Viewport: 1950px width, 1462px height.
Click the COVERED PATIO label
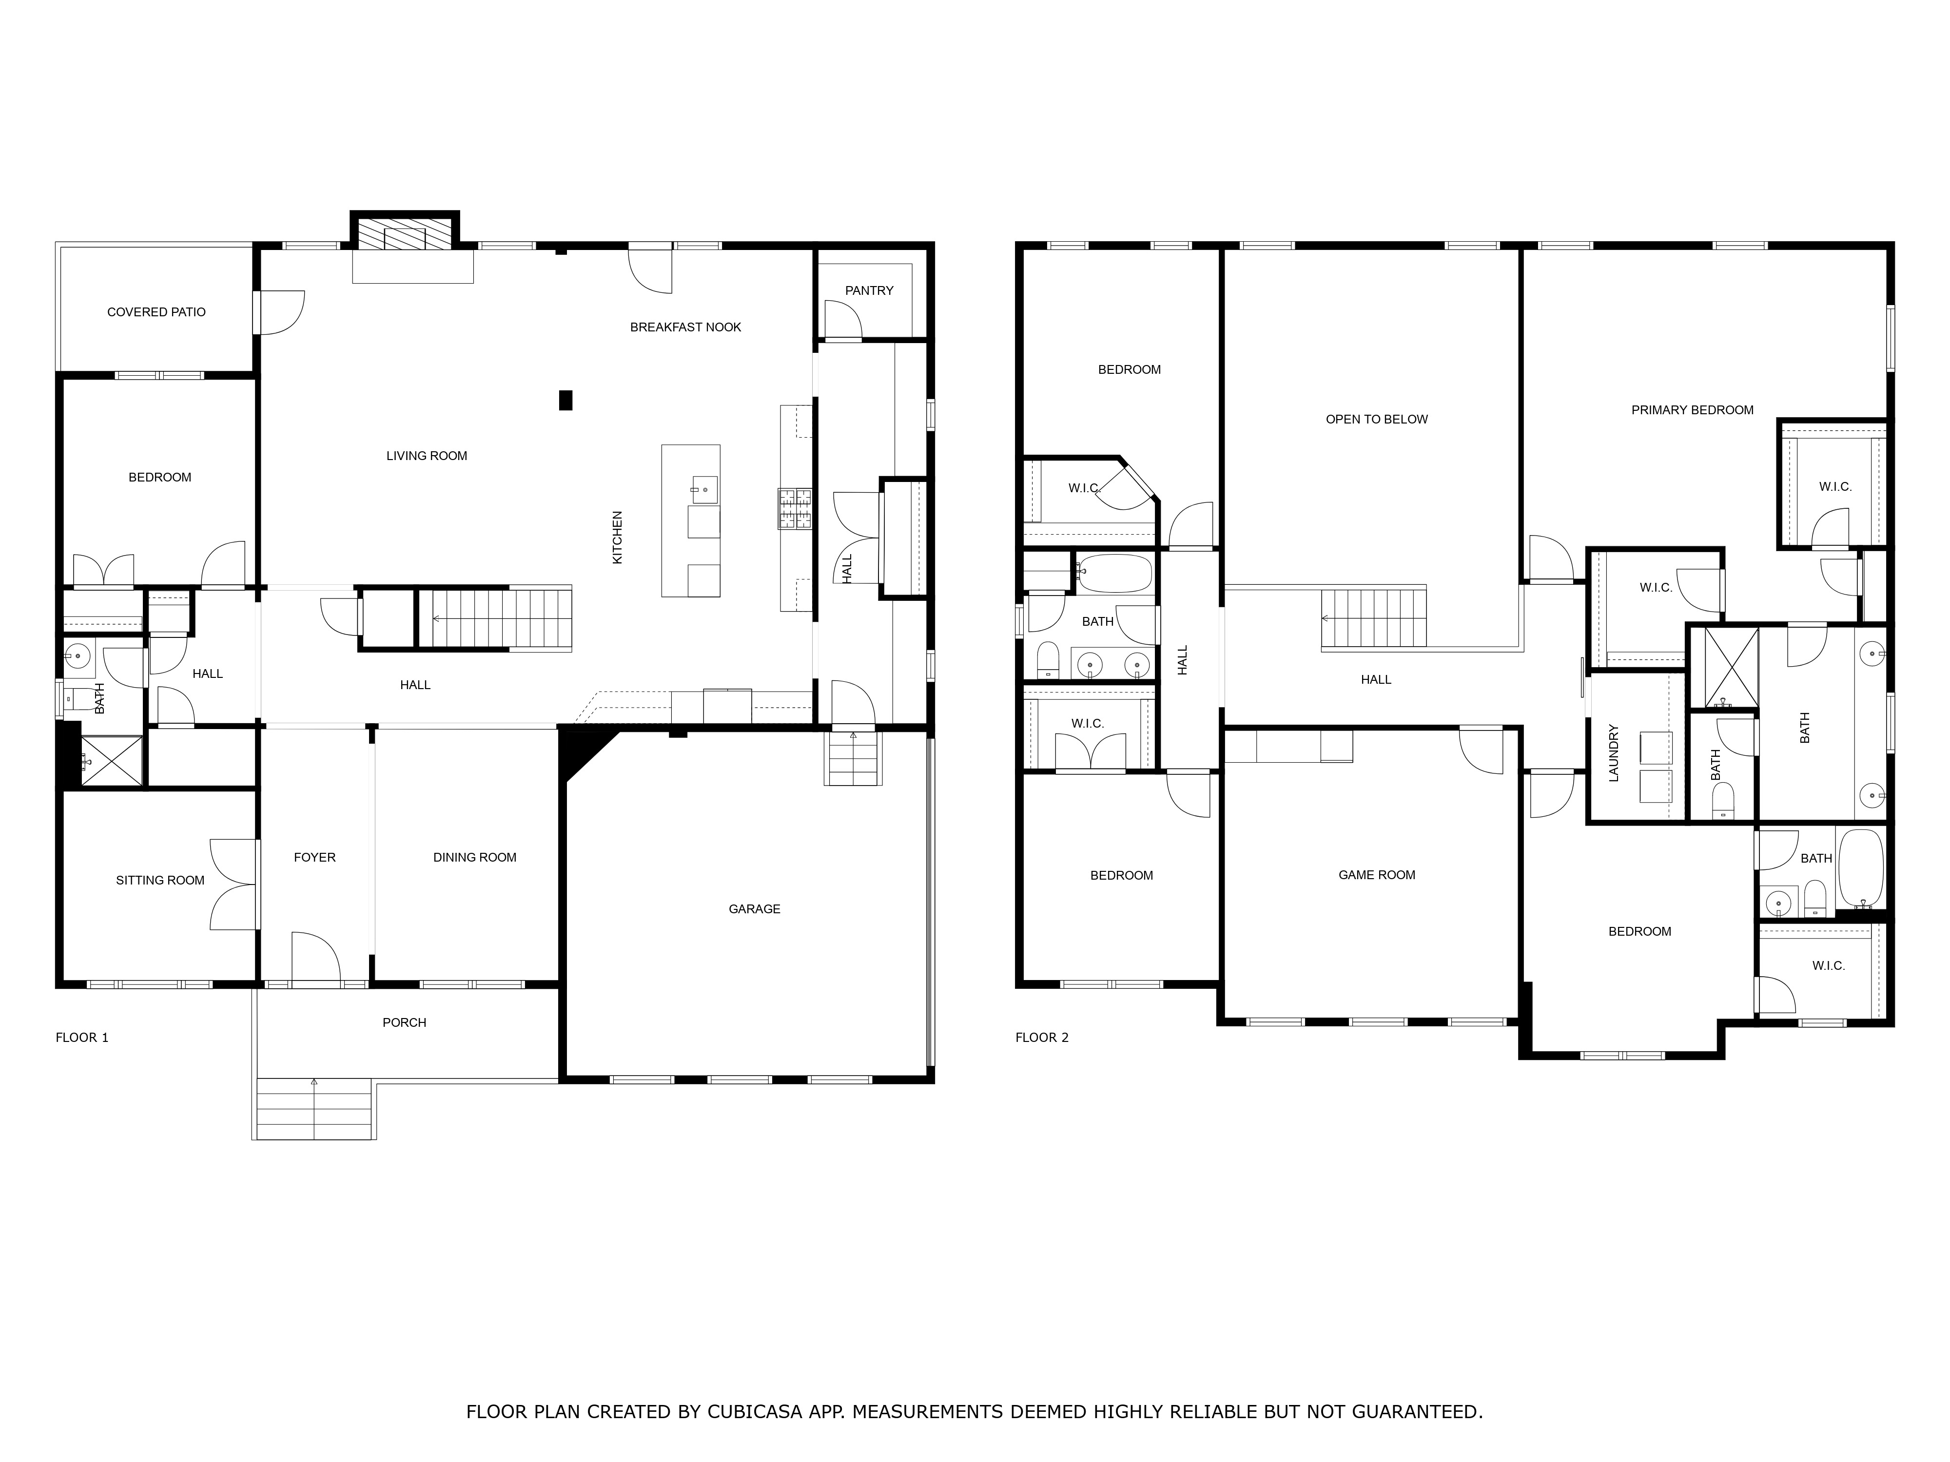[x=156, y=312]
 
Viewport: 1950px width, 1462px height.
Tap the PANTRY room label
[x=869, y=291]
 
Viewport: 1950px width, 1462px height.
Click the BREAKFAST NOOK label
[x=686, y=327]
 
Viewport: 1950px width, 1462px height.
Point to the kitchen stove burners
[x=795, y=509]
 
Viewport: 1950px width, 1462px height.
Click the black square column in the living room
[x=566, y=400]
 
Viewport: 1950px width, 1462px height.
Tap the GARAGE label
[x=755, y=908]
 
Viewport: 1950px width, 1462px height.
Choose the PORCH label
[x=405, y=1022]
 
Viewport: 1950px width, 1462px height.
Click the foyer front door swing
[x=315, y=956]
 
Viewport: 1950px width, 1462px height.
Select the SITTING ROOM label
[x=160, y=881]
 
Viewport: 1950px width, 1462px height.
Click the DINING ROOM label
[x=475, y=857]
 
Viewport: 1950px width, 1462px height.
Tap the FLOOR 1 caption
[x=82, y=1037]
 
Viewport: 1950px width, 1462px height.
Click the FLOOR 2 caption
[x=1042, y=1037]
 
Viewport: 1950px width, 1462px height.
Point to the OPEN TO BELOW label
[x=1377, y=420]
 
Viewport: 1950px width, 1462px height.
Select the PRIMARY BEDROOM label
[x=1693, y=410]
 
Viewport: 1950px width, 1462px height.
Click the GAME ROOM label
[x=1377, y=875]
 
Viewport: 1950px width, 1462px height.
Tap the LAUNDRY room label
[x=1614, y=753]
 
